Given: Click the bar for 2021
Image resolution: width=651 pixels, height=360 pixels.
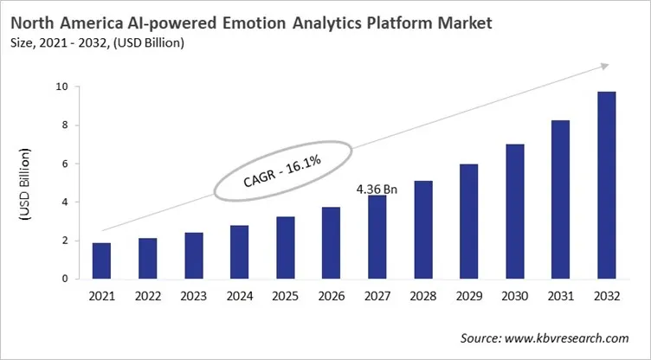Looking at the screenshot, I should click(101, 261).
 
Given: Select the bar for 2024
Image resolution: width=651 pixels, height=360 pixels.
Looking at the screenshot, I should click(239, 252).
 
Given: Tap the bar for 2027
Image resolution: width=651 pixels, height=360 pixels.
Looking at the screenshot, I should click(377, 237).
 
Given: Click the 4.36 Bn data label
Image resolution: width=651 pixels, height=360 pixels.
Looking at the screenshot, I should click(377, 187).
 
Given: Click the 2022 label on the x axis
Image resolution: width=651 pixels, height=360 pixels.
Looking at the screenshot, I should click(147, 296).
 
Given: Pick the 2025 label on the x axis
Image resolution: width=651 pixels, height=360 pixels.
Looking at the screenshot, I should click(285, 296).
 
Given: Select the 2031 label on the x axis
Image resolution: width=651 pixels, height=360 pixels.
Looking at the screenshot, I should click(561, 296).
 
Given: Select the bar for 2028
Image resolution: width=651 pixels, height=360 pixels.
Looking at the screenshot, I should click(423, 230).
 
